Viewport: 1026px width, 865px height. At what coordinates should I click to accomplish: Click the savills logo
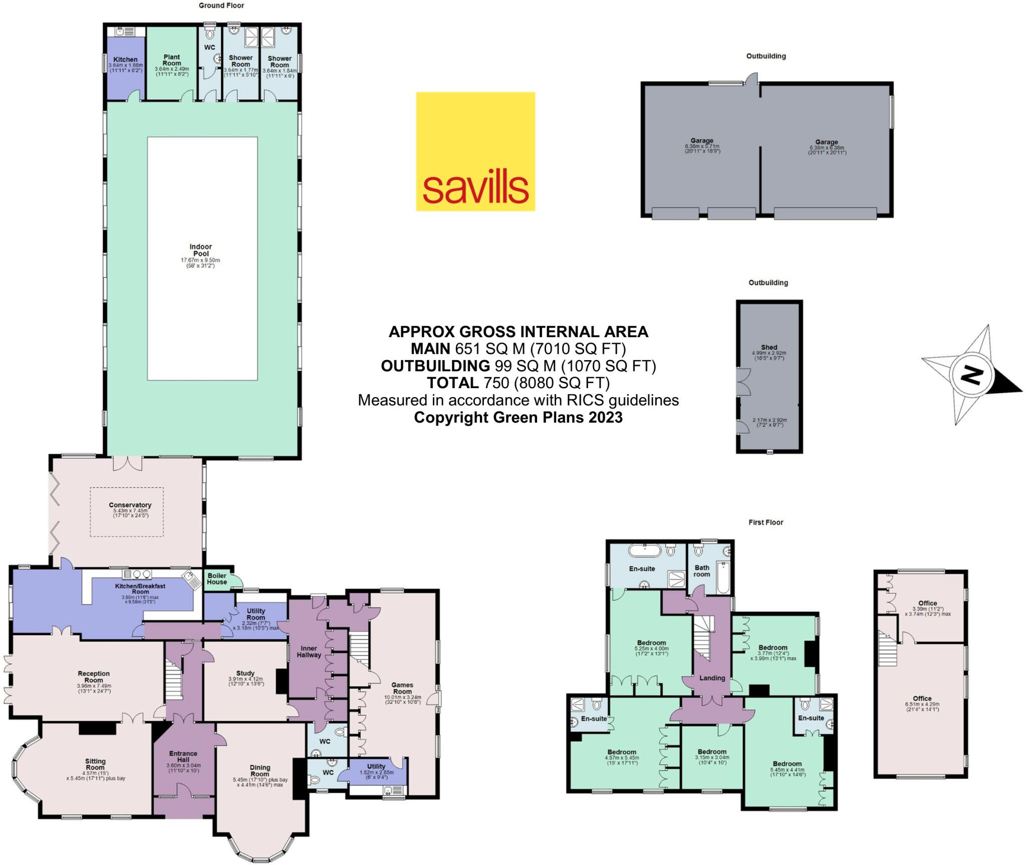[x=475, y=151]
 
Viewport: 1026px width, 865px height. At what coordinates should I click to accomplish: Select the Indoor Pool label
[x=200, y=250]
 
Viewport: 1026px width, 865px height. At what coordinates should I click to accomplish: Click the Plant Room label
[x=171, y=60]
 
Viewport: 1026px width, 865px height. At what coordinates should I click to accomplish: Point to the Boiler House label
[x=217, y=579]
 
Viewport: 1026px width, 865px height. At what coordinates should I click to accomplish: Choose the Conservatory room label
[x=130, y=505]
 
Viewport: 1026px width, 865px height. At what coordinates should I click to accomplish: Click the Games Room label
[x=402, y=688]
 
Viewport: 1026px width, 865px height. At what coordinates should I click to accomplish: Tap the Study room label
[x=245, y=673]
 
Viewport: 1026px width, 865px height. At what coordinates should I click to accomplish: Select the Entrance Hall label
[x=183, y=756]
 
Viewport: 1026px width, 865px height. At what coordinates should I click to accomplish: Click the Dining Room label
[x=260, y=770]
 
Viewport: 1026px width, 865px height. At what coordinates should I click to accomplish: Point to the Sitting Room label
[x=95, y=764]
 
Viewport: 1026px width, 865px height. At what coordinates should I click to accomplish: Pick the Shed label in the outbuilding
[x=769, y=347]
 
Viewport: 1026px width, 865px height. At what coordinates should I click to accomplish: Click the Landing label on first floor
[x=712, y=678]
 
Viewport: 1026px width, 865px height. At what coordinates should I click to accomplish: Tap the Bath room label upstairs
[x=702, y=571]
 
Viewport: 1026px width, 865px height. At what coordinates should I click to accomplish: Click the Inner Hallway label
[x=309, y=651]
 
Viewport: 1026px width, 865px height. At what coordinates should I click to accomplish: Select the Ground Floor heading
[x=221, y=6]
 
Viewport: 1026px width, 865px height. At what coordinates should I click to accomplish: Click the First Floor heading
[x=765, y=522]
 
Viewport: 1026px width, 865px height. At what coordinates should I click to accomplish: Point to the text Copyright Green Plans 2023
[x=518, y=417]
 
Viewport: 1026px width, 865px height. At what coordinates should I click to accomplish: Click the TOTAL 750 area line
[x=518, y=383]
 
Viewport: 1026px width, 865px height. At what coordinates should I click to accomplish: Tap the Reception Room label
[x=94, y=677]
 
